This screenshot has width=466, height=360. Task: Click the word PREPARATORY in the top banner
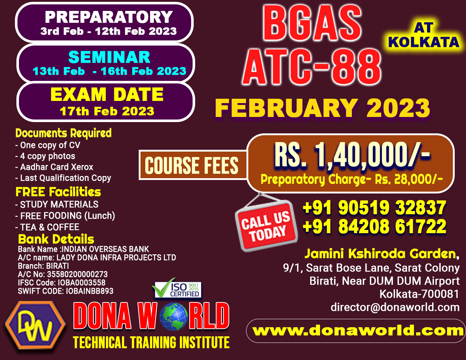pos(109,17)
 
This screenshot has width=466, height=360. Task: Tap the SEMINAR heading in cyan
pos(109,57)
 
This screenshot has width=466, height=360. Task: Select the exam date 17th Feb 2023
pos(107,111)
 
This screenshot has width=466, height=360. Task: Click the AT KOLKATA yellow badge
pos(423,35)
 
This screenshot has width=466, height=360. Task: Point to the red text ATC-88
pos(312,67)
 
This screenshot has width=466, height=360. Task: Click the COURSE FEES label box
pos(192,165)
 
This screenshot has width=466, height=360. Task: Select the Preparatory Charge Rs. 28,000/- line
pos(352,179)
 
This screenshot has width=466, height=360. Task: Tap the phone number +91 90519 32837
pos(374,207)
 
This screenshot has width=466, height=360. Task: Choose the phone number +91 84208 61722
pos(374,226)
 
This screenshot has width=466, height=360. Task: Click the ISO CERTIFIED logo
pos(177,288)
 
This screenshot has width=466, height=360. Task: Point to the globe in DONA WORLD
pos(174,316)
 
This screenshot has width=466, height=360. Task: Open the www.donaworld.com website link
pos(358,330)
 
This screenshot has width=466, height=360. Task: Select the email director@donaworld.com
pos(395,307)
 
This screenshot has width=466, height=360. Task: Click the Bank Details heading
pos(56,239)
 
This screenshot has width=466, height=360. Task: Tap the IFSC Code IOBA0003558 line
pos(62,282)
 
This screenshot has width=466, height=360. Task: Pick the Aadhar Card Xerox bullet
pos(54,167)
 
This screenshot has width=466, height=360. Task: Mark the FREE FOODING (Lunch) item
pos(65,216)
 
